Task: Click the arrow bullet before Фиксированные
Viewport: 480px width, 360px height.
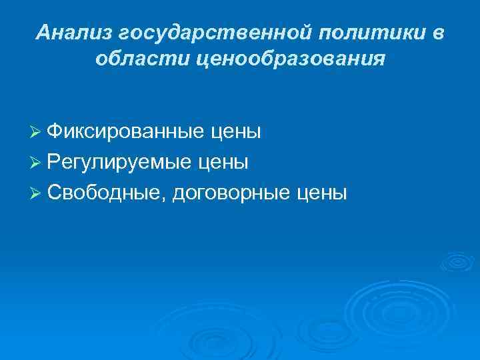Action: click(37, 133)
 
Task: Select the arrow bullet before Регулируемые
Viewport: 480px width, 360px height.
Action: click(37, 163)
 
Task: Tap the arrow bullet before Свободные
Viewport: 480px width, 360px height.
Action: click(37, 193)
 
